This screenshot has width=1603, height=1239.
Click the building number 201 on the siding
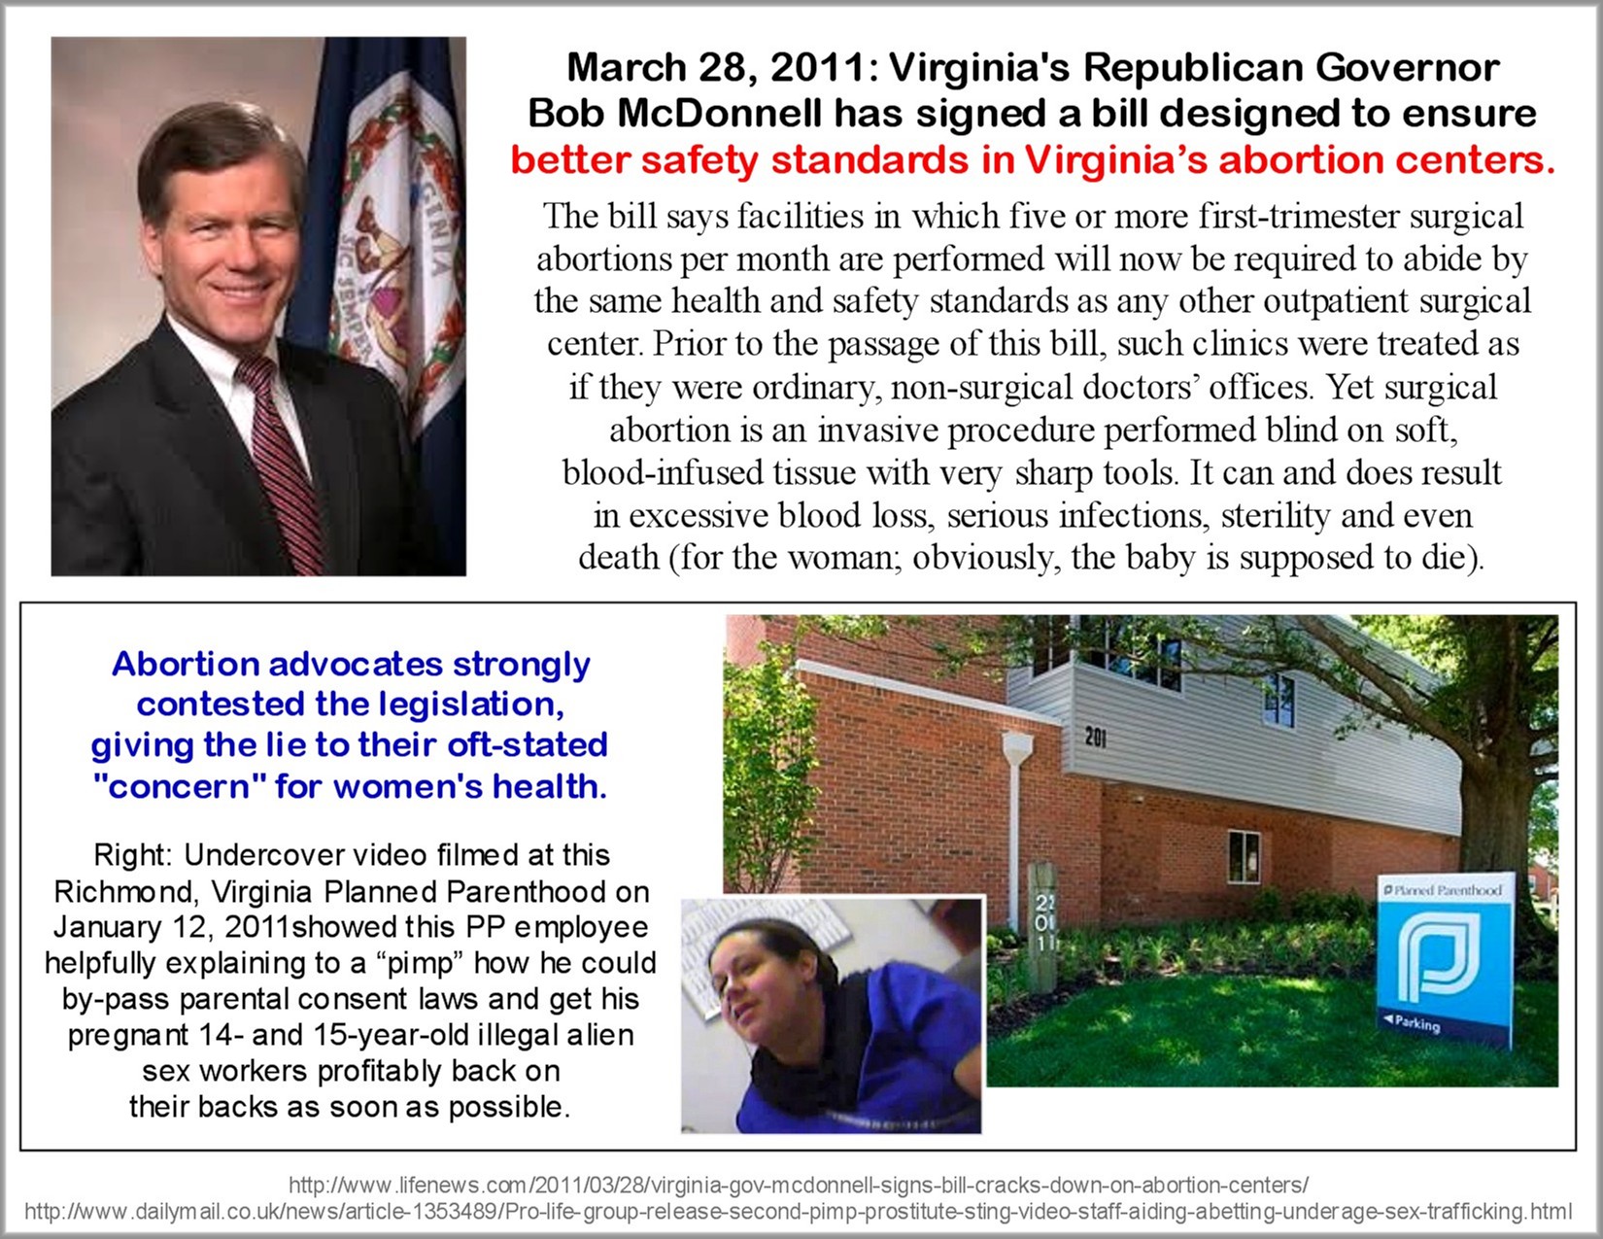click(1096, 739)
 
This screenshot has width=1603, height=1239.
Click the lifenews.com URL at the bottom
click(799, 1186)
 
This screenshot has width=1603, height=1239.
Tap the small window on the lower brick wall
click(1244, 855)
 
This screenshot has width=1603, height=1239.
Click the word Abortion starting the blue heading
click(185, 665)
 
